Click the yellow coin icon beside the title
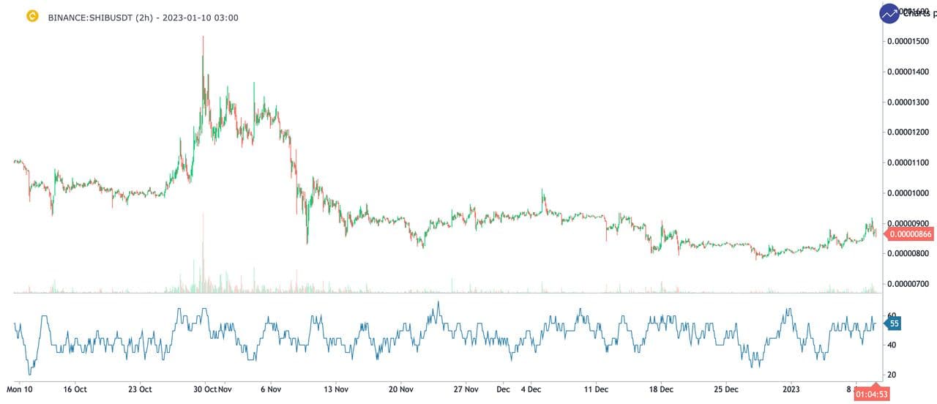(x=32, y=15)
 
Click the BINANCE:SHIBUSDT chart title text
(x=143, y=18)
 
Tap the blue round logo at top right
(x=890, y=14)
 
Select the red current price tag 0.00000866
(x=909, y=234)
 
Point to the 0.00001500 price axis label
(x=908, y=41)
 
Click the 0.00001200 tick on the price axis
(x=908, y=132)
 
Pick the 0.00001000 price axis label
(x=908, y=193)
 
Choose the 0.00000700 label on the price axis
(x=908, y=284)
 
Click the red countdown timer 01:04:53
(x=872, y=394)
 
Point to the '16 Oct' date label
(x=75, y=389)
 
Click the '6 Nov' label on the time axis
(x=270, y=389)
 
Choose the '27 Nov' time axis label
(x=466, y=389)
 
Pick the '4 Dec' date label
(x=531, y=389)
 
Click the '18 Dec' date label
(x=661, y=389)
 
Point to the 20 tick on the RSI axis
(x=892, y=375)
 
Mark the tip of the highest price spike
(x=203, y=36)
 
